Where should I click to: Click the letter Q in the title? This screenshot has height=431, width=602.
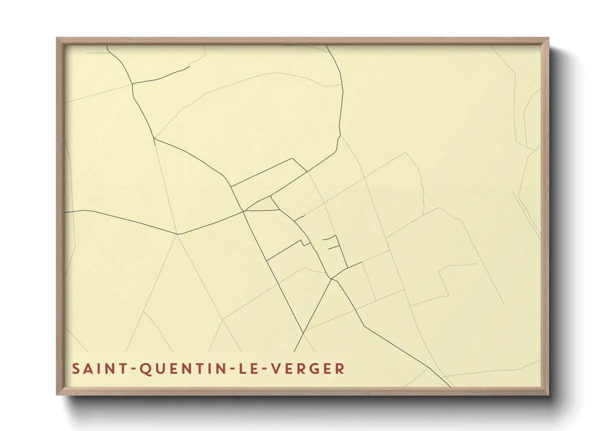point(145,369)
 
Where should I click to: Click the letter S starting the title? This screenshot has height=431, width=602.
point(76,369)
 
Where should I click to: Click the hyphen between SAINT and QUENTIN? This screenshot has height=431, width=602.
point(132,369)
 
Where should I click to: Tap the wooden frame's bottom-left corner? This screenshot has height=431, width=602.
point(57,394)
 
